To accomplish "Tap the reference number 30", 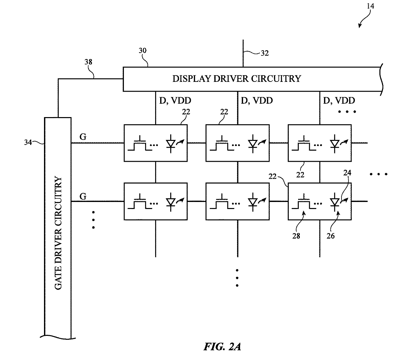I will (142, 51).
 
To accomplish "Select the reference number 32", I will (265, 53).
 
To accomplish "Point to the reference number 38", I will (88, 62).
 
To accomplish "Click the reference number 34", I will (28, 142).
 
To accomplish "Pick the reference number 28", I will (296, 236).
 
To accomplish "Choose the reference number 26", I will (331, 236).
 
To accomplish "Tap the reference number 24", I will (347, 173).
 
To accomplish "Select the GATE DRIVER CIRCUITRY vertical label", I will (58, 233).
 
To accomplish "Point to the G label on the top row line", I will (83, 137).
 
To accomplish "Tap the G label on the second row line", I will (83, 196).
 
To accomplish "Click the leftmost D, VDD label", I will (175, 100).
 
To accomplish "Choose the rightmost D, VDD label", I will (339, 100).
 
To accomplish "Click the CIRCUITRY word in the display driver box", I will (277, 79).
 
